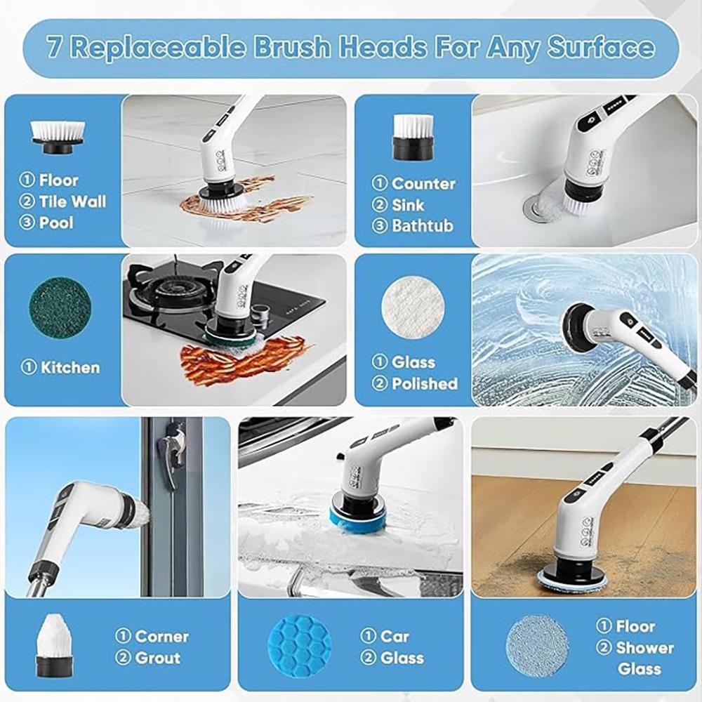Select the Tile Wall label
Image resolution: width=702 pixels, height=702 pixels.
click(x=73, y=202)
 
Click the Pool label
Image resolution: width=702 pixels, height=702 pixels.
click(x=56, y=223)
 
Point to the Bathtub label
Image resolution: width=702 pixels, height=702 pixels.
click(x=422, y=226)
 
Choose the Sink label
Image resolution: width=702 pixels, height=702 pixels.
click(x=407, y=205)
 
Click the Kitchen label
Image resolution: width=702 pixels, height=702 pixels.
click(x=69, y=368)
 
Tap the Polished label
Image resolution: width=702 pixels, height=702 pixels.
click(x=424, y=384)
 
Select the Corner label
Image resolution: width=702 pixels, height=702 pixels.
click(x=161, y=637)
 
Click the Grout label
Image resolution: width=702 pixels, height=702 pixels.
click(x=157, y=658)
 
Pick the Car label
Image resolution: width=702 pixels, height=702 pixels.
click(x=395, y=637)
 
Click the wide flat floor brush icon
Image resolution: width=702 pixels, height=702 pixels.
click(x=58, y=133)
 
